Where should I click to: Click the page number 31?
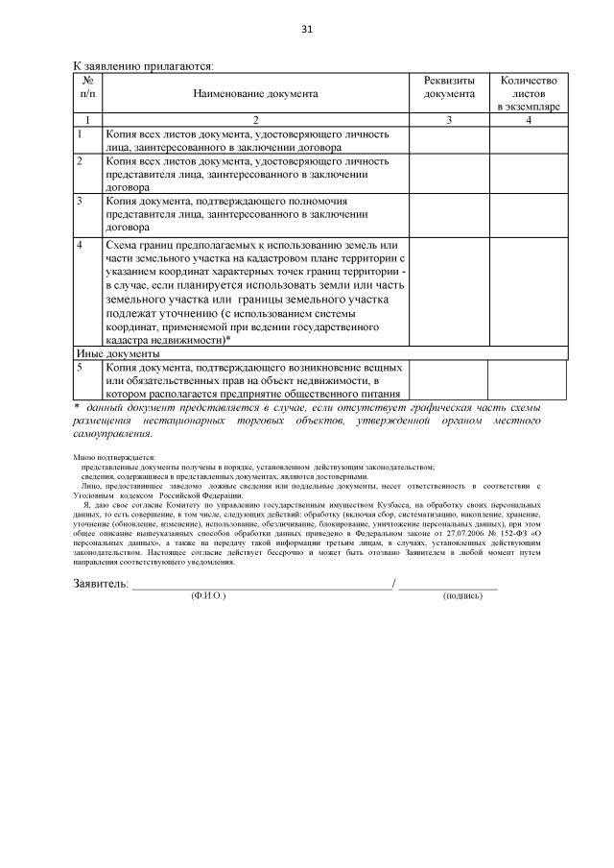(307, 29)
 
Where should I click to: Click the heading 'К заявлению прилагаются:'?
(144, 66)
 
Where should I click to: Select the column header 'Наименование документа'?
(255, 94)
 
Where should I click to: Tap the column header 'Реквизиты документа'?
(449, 87)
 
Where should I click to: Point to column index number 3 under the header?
(449, 120)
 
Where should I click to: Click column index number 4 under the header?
(529, 120)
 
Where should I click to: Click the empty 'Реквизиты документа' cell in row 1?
(449, 141)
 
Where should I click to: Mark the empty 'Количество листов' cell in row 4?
(529, 292)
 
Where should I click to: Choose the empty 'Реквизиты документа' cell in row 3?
(449, 216)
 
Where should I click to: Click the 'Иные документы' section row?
(111, 353)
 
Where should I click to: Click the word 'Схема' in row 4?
(123, 246)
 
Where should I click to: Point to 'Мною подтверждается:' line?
(113, 457)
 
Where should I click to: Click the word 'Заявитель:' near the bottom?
(101, 583)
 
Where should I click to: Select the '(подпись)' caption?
(462, 596)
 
